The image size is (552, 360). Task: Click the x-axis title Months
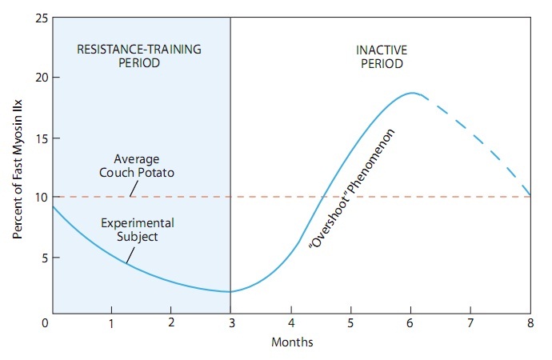291,342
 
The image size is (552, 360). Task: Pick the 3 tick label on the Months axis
230,322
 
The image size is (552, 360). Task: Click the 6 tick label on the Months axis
411,322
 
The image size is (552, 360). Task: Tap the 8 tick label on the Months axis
530,322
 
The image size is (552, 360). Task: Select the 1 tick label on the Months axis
111,322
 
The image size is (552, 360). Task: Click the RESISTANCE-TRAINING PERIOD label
139,56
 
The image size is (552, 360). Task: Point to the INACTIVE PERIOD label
380,56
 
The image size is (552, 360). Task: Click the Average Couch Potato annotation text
137,165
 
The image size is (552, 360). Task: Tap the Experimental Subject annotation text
137,229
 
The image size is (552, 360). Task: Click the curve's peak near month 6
411,93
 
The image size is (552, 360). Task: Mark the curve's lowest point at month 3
230,292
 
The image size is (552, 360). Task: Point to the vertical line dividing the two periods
230,160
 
